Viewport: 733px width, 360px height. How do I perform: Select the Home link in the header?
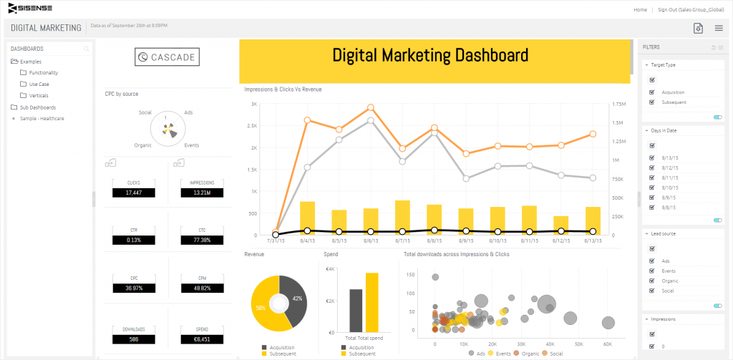tap(641, 9)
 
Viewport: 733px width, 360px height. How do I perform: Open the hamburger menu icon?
tap(719, 28)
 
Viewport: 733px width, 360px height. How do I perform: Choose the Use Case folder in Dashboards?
tap(39, 84)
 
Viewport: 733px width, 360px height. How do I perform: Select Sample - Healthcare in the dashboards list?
tap(42, 118)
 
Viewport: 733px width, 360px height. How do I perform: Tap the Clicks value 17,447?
tap(134, 193)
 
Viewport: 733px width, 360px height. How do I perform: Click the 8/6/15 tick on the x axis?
tap(370, 241)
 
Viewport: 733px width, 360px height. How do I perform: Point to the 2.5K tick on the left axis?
tap(253, 125)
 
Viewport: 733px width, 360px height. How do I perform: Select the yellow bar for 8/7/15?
tap(402, 217)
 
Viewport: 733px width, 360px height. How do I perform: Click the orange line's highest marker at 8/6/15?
tap(370, 107)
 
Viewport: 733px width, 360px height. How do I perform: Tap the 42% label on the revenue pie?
tap(298, 298)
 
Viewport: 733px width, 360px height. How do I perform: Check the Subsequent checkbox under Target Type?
tap(652, 102)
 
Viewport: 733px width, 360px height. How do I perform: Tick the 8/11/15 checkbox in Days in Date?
tap(652, 177)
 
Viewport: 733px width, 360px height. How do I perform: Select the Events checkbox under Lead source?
tap(652, 271)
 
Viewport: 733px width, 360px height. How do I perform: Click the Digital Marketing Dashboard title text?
tap(431, 55)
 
